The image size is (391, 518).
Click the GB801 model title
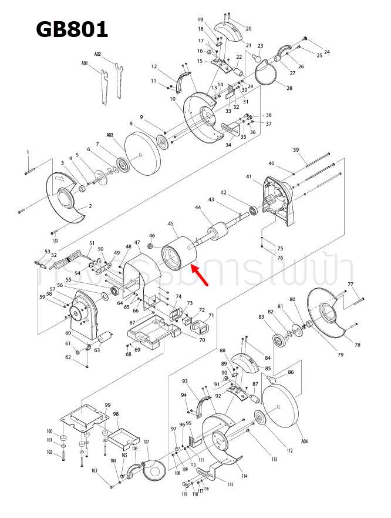click(x=72, y=29)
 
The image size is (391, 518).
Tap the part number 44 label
click(x=198, y=208)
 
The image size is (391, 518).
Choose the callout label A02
click(x=98, y=54)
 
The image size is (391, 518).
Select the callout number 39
click(x=296, y=150)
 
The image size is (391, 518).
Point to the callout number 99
click(x=107, y=405)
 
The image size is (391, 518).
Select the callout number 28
click(x=289, y=88)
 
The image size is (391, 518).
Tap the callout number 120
click(x=55, y=241)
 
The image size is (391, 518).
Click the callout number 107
click(x=146, y=442)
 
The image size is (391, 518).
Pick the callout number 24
click(x=327, y=52)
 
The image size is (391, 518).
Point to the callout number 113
click(x=274, y=459)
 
